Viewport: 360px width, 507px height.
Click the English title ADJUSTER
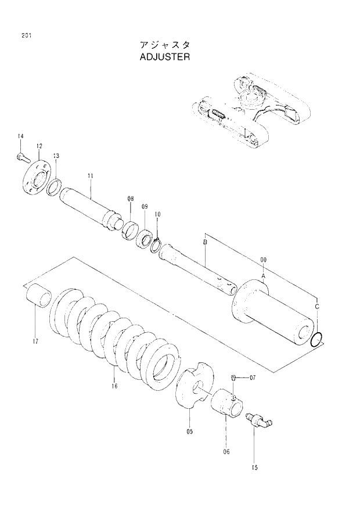point(165,57)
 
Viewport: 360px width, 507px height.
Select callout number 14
point(20,136)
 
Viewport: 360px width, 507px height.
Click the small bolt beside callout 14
point(22,155)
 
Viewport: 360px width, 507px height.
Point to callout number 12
point(39,146)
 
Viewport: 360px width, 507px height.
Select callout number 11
point(90,175)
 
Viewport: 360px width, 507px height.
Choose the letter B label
point(205,240)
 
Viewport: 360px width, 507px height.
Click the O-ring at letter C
point(316,340)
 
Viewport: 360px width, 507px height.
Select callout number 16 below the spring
point(114,386)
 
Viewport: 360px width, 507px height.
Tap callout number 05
point(190,431)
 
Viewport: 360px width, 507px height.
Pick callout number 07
point(253,378)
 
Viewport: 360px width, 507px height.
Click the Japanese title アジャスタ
point(165,45)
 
